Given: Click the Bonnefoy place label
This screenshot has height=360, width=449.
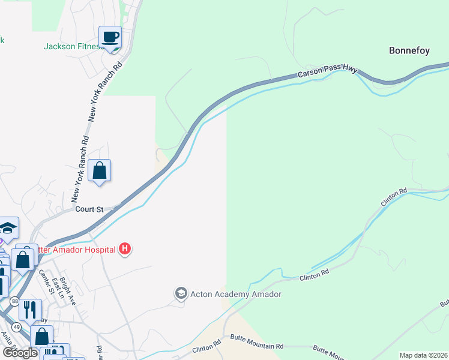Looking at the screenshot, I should [x=409, y=50].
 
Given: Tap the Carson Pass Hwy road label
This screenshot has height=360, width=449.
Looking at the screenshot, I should [x=327, y=73].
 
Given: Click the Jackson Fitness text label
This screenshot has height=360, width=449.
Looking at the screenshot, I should [x=71, y=46].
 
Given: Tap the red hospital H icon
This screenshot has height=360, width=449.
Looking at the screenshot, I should [x=125, y=248].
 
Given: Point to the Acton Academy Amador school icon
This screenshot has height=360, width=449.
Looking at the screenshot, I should [x=181, y=293].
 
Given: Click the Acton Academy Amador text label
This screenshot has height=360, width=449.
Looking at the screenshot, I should [x=235, y=294].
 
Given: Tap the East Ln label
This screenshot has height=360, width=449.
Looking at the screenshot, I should [x=58, y=288].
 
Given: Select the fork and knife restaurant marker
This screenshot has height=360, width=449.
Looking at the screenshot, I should [x=30, y=309].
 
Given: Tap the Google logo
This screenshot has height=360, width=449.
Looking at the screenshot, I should [x=20, y=353].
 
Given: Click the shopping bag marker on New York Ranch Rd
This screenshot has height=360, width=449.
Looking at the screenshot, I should [x=99, y=170].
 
